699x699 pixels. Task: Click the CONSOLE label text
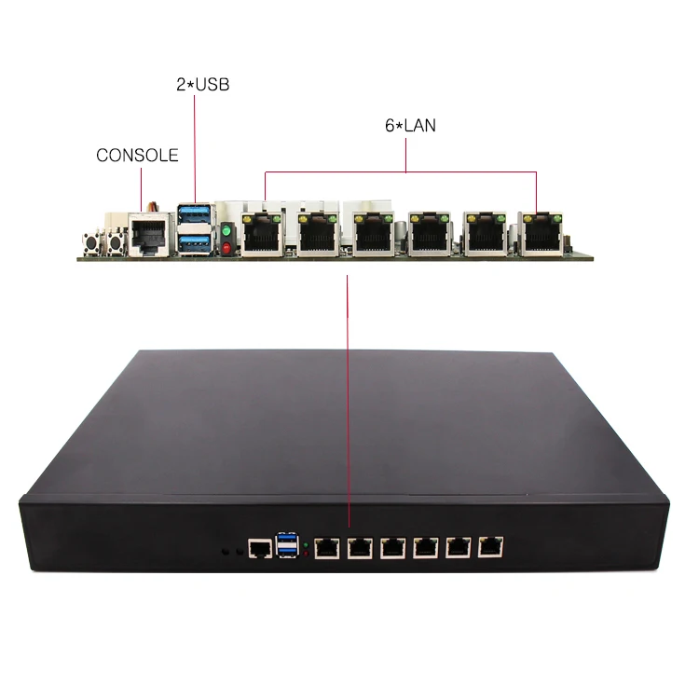tap(137, 156)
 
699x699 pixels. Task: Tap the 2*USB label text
tap(202, 85)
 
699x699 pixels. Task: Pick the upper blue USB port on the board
tap(195, 218)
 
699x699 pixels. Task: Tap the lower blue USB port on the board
tap(195, 242)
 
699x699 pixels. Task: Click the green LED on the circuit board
tap(226, 229)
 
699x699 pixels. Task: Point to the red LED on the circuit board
tap(226, 247)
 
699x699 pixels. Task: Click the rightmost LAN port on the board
tap(541, 234)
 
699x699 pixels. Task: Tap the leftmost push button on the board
tap(93, 241)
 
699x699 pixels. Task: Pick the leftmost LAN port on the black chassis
tap(327, 548)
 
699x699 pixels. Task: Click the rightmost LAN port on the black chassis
tap(489, 547)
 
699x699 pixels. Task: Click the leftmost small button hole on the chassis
tap(226, 553)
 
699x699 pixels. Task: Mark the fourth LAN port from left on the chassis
tap(425, 548)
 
